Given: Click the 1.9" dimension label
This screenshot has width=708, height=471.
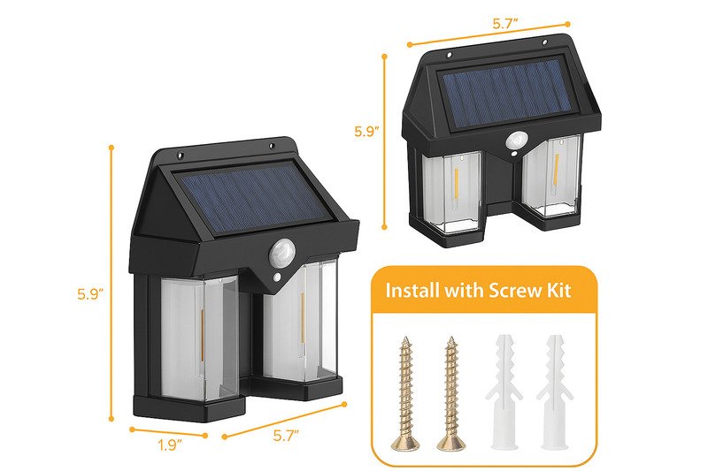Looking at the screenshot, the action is tap(170, 445).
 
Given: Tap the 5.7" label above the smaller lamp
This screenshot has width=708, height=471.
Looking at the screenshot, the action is tap(505, 24).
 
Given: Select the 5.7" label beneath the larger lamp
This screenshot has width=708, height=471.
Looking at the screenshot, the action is tap(286, 436).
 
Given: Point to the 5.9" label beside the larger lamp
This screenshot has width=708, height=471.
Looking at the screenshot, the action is tap(90, 294).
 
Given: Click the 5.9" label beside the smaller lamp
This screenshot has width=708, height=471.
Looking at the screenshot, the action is tap(366, 132).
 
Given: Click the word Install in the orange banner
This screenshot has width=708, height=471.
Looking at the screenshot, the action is tap(412, 290).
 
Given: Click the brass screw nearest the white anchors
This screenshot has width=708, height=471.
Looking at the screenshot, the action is tap(451, 393).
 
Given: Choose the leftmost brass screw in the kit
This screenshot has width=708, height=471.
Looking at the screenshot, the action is tap(405, 393).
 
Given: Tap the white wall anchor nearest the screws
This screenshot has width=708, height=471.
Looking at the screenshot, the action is tap(503, 392).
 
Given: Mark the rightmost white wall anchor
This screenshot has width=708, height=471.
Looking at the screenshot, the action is tap(555, 392).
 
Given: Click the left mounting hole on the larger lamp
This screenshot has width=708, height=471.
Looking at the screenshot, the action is tap(180, 156).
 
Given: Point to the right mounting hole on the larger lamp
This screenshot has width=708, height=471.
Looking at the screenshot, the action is tap(272, 146).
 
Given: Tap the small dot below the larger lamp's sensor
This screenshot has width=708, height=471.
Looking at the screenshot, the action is tap(275, 277).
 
